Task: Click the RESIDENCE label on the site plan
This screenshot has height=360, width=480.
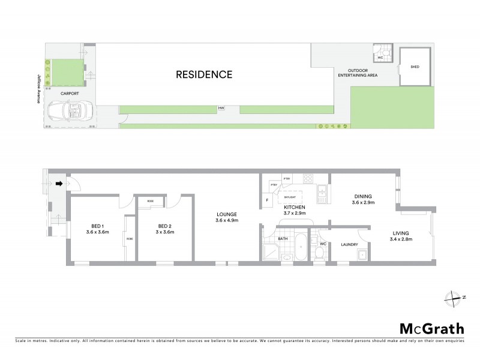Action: pyautogui.click(x=203, y=75)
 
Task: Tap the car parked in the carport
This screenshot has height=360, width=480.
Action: pyautogui.click(x=70, y=111)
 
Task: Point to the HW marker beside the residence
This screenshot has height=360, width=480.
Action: pyautogui.click(x=221, y=109)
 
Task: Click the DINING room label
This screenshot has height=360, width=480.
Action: pyautogui.click(x=362, y=199)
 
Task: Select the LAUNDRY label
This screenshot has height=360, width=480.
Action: pyautogui.click(x=349, y=244)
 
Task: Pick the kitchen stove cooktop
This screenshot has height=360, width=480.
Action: pyautogui.click(x=308, y=178)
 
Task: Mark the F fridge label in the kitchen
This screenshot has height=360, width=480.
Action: pyautogui.click(x=266, y=200)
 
